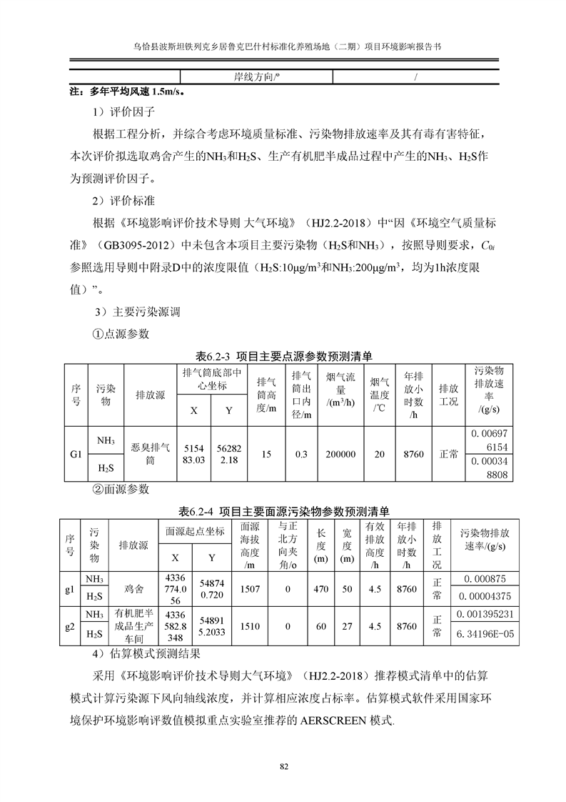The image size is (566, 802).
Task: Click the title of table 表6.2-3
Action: click(283, 355)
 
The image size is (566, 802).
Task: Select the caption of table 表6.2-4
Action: click(283, 511)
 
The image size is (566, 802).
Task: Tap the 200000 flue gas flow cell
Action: click(341, 454)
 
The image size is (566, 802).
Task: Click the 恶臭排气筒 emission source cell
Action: click(151, 454)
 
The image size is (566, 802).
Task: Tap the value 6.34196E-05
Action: click(483, 633)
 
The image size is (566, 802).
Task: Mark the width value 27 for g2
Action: click(348, 626)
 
